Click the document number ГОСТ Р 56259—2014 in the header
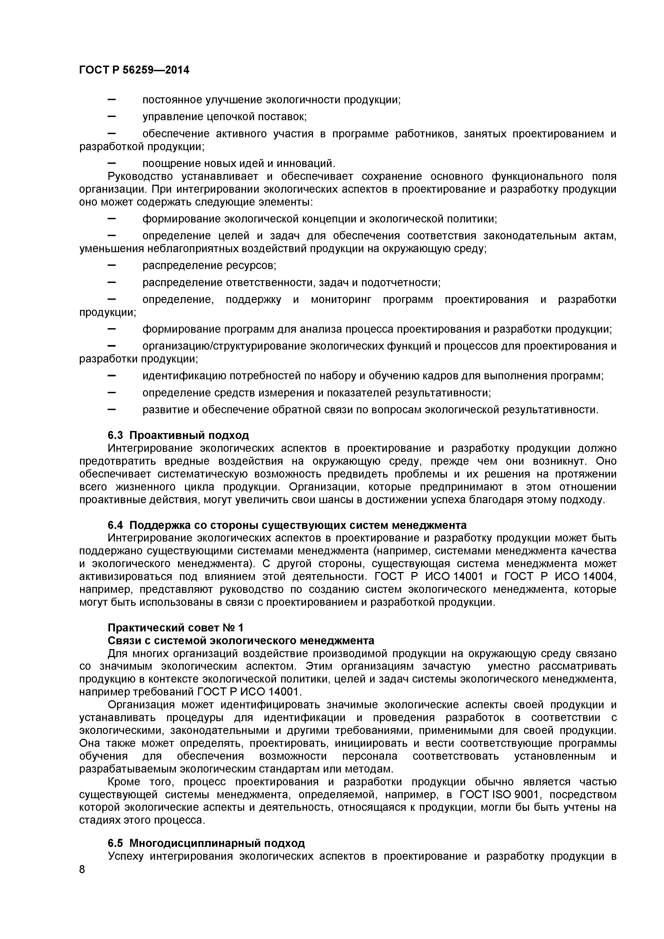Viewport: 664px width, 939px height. tap(134, 70)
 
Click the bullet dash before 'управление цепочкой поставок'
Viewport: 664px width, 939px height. tap(111, 116)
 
